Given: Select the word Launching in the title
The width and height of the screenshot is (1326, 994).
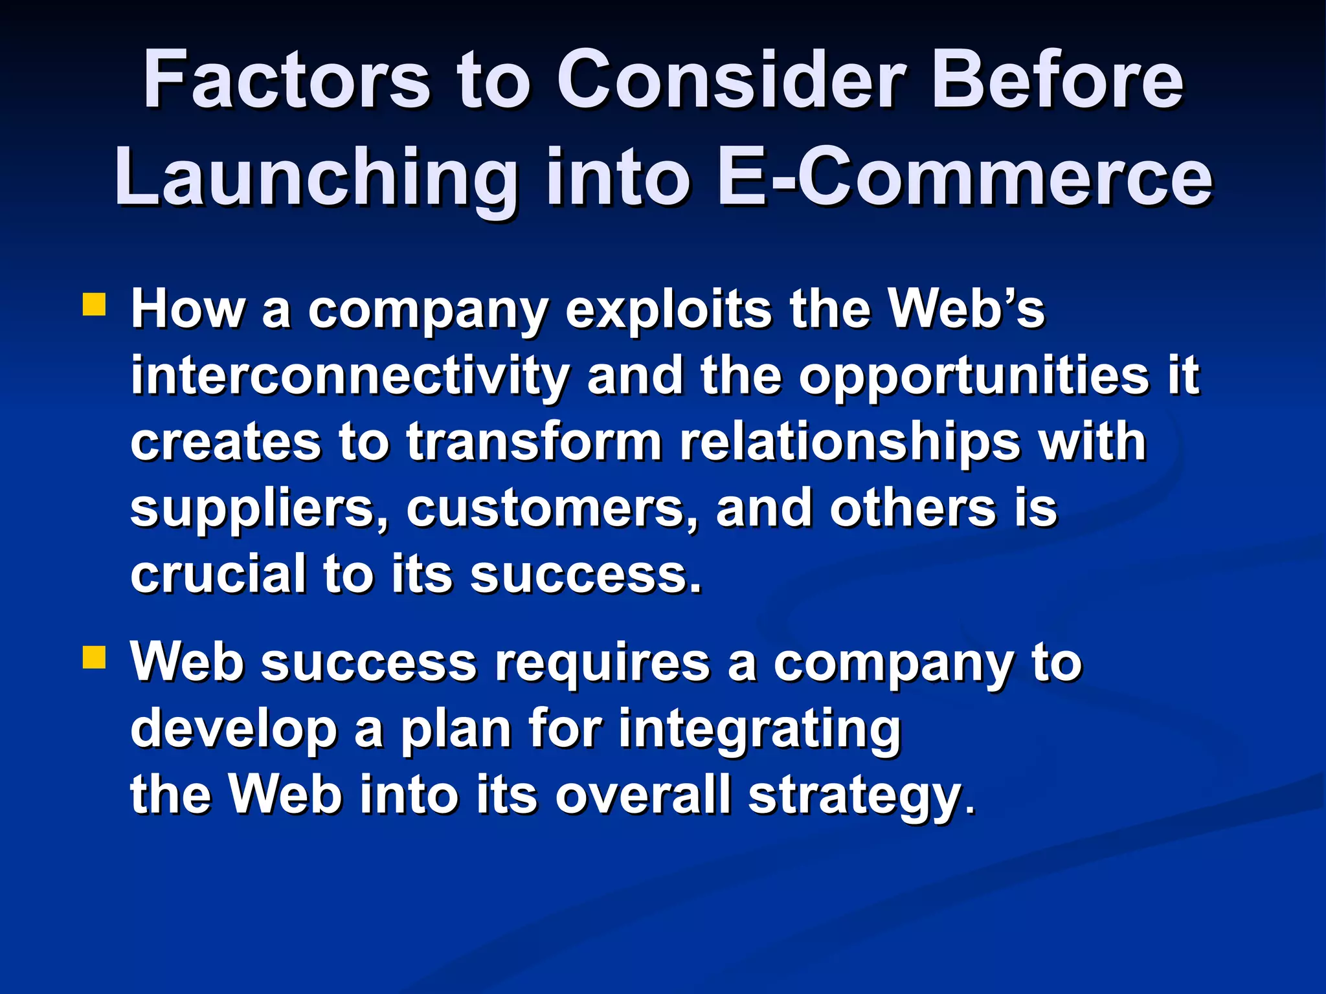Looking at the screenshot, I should tap(317, 178).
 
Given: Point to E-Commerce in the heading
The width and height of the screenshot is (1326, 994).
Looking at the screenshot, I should tap(965, 178).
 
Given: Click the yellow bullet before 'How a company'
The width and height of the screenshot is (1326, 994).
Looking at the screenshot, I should tap(95, 305).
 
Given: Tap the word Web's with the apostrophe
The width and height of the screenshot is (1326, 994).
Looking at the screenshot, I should tap(966, 309).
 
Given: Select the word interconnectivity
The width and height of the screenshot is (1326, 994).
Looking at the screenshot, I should tap(350, 376).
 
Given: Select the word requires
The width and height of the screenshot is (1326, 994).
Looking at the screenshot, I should tap(602, 664).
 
